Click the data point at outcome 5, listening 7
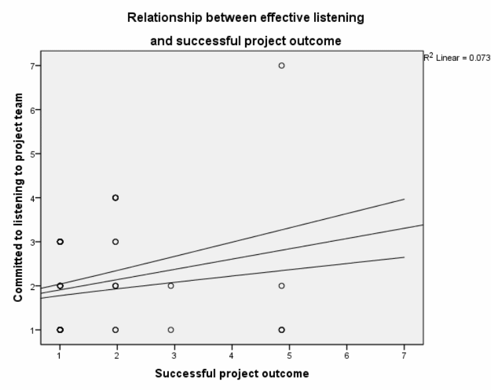pos(282,66)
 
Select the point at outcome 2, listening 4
pos(115,197)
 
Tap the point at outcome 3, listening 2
pos(171,285)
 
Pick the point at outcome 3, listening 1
pos(171,330)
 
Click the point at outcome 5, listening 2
pos(282,285)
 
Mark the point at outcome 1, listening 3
pos(60,242)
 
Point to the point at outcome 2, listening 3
pos(115,242)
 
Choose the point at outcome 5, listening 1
pos(282,330)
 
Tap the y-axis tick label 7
pos(31,66)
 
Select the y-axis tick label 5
pos(31,154)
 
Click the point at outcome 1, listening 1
pos(60,330)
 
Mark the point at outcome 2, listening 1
pos(115,330)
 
